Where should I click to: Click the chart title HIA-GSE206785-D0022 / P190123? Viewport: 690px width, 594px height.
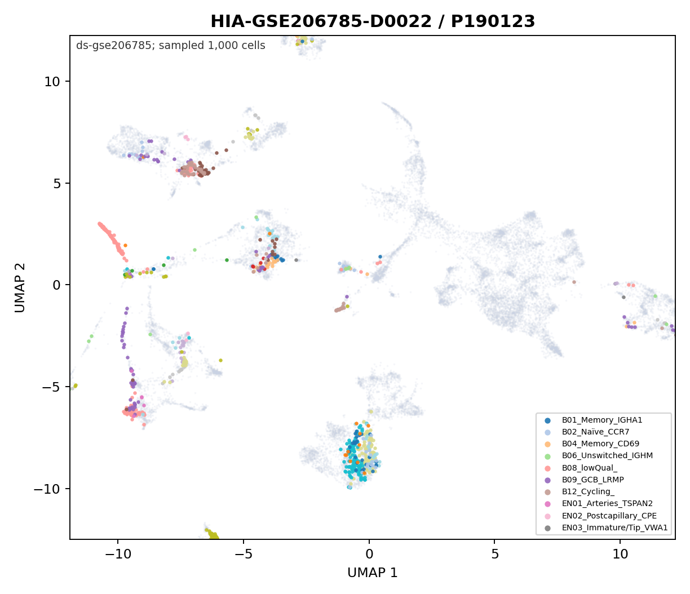tap(372, 21)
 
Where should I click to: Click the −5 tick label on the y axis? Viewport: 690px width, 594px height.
tap(50, 387)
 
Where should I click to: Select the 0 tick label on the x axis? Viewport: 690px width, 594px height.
tap(369, 555)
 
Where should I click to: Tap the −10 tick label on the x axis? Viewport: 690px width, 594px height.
tap(118, 555)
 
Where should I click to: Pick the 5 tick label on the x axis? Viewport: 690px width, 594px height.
tap(494, 555)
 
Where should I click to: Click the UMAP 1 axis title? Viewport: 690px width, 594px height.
tap(372, 573)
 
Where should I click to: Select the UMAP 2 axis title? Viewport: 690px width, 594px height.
tap(20, 287)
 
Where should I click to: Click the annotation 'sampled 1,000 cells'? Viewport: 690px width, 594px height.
tap(211, 46)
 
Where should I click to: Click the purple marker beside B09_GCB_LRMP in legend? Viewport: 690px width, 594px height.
tap(547, 480)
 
